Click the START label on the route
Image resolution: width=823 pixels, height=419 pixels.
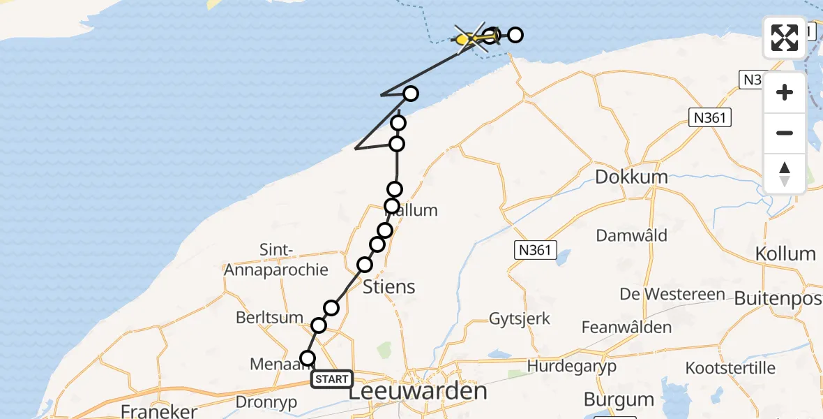pos(331,379)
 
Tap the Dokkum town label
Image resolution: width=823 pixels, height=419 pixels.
pos(631,177)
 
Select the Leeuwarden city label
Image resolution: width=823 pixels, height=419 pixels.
pos(417,391)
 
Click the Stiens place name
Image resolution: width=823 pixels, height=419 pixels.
pos(389,286)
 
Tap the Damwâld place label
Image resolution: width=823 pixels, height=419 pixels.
pos(631,235)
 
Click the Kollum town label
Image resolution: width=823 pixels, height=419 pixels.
pos(785,253)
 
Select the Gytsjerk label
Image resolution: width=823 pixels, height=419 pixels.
pos(520,319)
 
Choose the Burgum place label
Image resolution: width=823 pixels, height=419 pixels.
pos(619,400)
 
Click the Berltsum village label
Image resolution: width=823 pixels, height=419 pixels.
pos(269,318)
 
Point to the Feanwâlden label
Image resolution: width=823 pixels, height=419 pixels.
pos(626,327)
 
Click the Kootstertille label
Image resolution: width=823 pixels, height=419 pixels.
pos(730,367)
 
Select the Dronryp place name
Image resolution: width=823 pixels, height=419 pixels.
pos(266,402)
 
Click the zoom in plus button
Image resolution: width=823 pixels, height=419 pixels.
pos(785,93)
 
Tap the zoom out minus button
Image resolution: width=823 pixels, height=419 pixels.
pos(785,133)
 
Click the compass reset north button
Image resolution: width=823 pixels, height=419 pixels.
pos(785,173)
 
